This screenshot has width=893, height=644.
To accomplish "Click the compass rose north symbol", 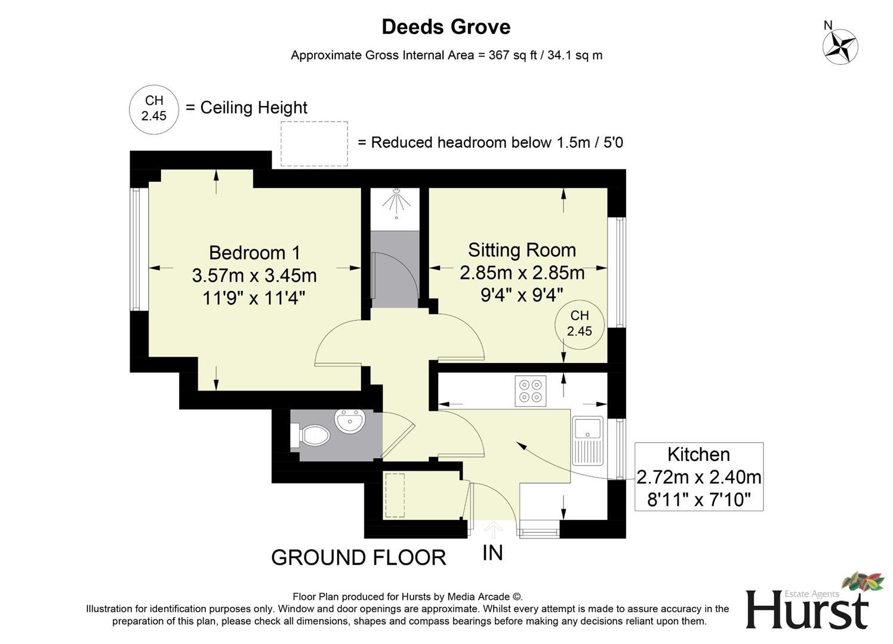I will [840, 46].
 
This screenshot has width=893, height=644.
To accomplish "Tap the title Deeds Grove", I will [446, 27].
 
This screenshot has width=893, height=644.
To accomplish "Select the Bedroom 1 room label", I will [254, 253].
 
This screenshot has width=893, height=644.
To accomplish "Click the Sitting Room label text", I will [522, 250].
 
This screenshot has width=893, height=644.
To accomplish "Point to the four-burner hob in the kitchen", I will [531, 391].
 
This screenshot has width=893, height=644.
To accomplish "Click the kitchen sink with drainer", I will [587, 441].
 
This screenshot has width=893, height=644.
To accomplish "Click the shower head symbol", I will [396, 201].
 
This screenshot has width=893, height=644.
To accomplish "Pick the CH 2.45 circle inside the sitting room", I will [579, 324].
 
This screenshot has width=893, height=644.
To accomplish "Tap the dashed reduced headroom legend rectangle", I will [314, 144].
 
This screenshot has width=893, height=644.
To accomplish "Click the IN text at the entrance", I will [492, 553].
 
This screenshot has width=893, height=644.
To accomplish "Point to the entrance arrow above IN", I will [493, 529].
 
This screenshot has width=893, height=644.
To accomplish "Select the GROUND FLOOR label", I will [358, 558].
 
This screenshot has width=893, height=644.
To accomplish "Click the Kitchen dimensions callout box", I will [698, 476].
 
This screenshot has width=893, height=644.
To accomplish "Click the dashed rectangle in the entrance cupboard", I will [393, 496].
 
